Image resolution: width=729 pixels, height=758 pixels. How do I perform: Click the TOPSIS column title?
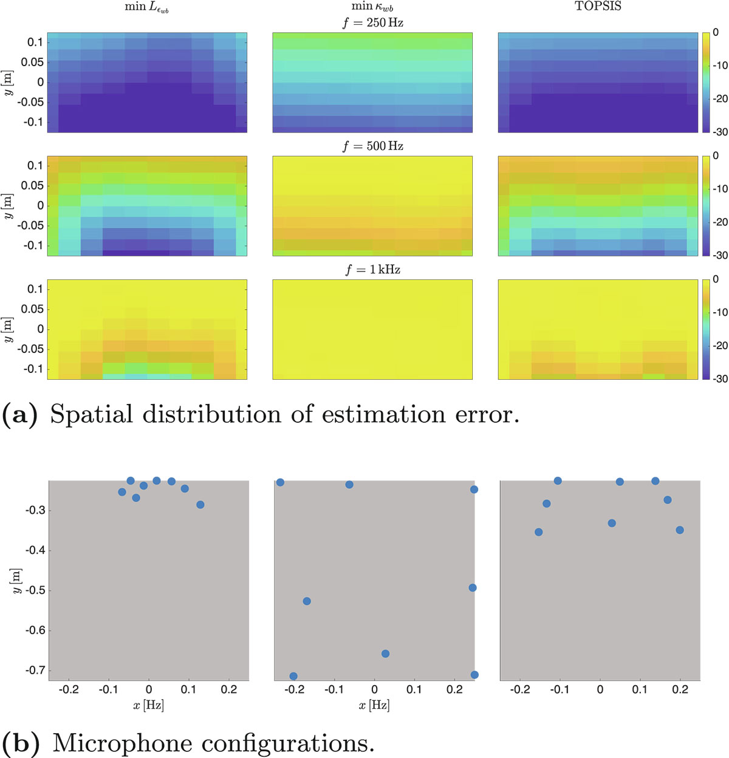point(598,7)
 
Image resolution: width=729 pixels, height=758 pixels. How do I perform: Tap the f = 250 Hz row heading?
point(372,23)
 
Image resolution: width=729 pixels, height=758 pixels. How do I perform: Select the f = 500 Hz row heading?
point(372,146)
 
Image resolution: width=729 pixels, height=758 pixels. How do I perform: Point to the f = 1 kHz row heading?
point(372,270)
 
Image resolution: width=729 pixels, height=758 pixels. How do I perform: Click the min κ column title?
point(372,7)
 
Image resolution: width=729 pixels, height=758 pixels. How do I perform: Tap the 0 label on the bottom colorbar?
point(716,279)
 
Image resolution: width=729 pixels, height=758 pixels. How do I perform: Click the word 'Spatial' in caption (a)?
point(91,415)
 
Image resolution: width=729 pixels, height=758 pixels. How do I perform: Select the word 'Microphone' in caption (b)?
point(122,743)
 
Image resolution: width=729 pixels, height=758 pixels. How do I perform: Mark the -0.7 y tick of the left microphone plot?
point(35,671)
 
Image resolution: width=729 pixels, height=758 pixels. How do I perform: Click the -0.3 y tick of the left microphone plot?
point(35,510)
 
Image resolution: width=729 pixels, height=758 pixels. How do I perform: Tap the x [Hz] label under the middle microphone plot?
point(374,705)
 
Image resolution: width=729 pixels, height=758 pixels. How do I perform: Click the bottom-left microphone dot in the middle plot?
point(293,676)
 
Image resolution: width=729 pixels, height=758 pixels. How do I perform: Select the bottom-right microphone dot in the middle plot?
point(474,675)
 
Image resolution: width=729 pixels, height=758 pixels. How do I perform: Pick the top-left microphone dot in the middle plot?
point(280,482)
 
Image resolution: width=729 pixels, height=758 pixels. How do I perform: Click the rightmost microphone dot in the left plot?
point(200,505)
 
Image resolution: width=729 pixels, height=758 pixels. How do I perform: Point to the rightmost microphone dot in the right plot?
point(680,530)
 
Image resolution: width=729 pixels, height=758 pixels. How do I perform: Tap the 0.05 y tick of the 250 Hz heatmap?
point(32,62)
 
